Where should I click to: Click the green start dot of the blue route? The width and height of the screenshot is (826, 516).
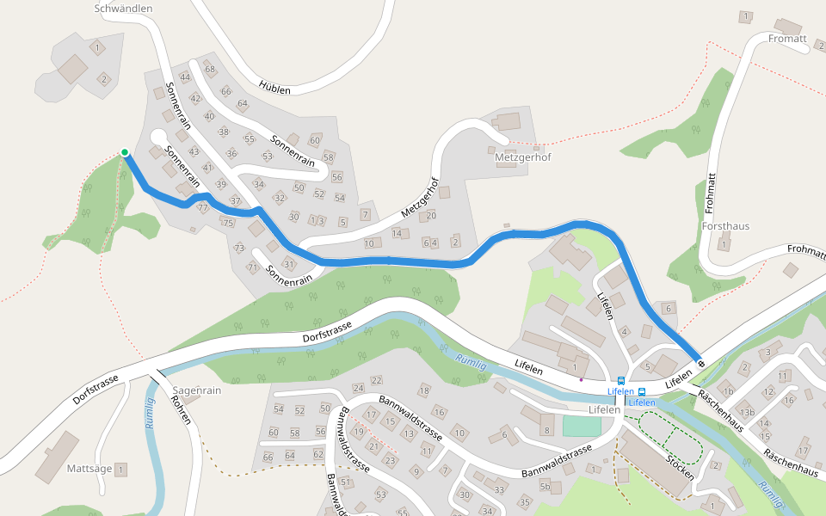point(125,152)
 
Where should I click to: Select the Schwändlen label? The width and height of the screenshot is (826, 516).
point(123,9)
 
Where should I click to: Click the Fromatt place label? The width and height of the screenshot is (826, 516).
point(787,39)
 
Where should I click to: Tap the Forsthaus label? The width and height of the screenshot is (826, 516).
point(725,226)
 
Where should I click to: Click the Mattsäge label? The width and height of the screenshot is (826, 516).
point(89,470)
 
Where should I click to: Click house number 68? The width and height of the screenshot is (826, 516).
point(210,69)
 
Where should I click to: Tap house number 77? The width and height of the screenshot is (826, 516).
point(203,208)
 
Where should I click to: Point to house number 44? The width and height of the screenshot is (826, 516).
point(184,77)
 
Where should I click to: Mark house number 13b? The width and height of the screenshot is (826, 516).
point(748,413)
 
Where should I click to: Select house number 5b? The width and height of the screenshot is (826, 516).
point(545,487)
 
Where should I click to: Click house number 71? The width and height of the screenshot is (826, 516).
point(253,267)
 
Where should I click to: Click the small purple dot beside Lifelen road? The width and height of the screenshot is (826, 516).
point(581,378)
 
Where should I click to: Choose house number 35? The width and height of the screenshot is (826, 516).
point(525,501)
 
